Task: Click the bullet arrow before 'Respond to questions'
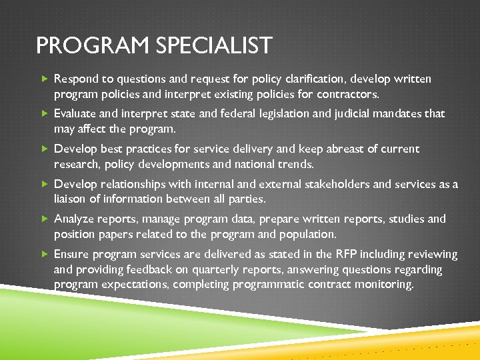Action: click(45, 79)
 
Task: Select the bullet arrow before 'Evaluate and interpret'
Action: click(45, 114)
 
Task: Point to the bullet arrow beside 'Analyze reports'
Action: click(45, 219)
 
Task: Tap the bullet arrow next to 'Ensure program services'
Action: click(45, 254)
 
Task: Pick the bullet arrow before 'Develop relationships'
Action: click(45, 184)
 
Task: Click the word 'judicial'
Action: click(352, 114)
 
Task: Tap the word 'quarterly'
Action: click(199, 269)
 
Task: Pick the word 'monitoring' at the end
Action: click(385, 285)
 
